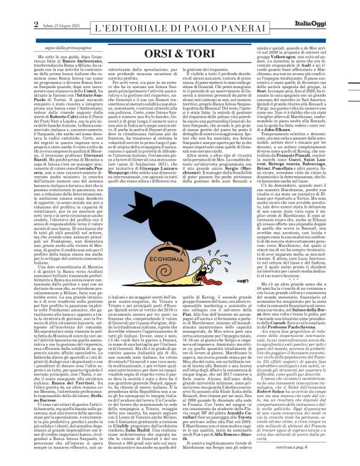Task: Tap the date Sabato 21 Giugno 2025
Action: pyautogui.click(x=37, y=7)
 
